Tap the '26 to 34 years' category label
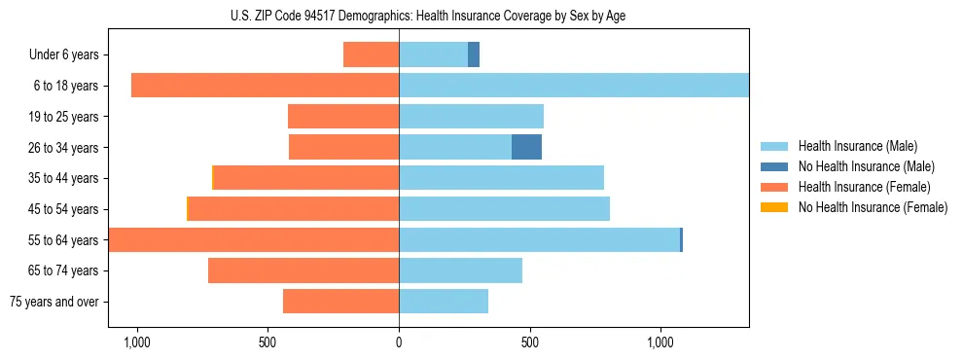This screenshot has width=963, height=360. point(64,148)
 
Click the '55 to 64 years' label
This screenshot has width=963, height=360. point(64,240)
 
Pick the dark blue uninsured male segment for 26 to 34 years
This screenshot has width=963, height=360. point(526,147)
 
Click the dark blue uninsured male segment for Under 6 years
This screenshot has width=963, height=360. point(474,54)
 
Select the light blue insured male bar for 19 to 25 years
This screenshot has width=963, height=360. point(471,117)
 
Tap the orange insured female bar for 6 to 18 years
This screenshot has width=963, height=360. point(265,86)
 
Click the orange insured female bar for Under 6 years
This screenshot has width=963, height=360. point(371,54)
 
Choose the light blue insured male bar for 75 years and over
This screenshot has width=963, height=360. point(444,302)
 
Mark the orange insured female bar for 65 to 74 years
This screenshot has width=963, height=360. point(303,270)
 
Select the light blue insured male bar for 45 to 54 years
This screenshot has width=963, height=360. point(504,209)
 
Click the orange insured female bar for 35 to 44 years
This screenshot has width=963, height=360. point(306,178)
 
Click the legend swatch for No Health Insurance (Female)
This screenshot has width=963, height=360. point(774,207)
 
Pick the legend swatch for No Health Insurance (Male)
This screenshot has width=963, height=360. point(774,166)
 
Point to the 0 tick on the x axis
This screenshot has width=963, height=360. point(399,342)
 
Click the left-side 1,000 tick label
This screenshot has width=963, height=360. point(136,342)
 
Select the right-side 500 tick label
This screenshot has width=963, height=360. point(530,342)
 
